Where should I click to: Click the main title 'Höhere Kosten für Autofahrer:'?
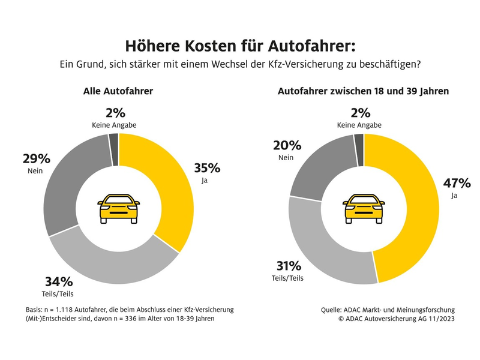[x=240, y=46]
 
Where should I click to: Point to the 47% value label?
[x=455, y=184]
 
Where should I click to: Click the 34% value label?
[x=58, y=281]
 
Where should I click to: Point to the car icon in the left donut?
[x=119, y=208]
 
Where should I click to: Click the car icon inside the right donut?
[x=364, y=208]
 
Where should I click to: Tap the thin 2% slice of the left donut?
[x=113, y=142]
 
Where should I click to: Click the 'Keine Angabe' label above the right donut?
[x=360, y=125]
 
